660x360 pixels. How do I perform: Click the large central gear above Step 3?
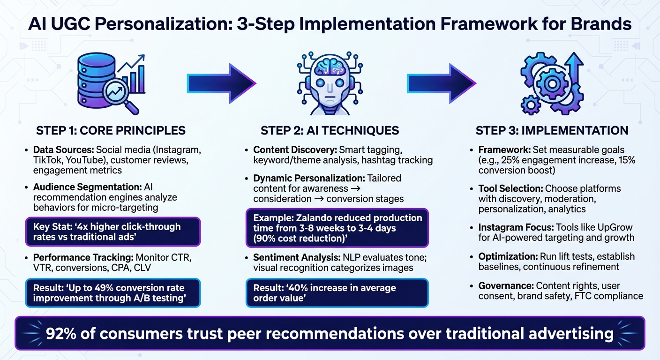[551, 84]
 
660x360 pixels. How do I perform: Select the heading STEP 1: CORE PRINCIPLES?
[111, 130]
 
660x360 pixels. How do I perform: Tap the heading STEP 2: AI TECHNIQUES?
[330, 130]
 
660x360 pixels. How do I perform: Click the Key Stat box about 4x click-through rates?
[113, 232]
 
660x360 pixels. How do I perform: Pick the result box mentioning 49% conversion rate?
[113, 293]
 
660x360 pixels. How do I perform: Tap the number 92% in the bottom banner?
[65, 333]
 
